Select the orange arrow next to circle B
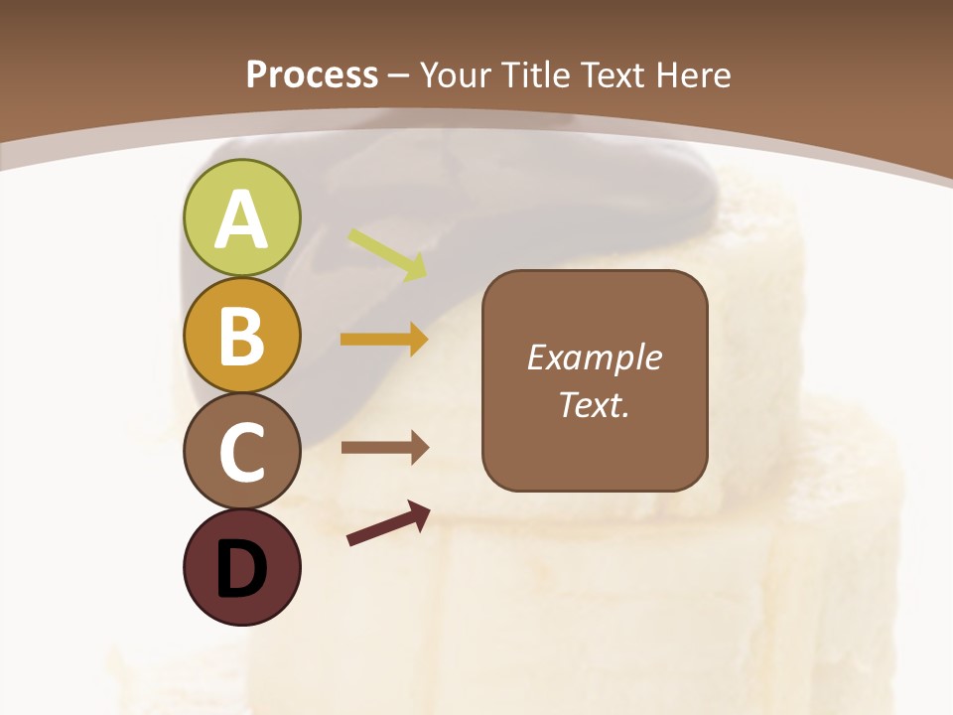click(384, 340)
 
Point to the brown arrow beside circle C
click(384, 448)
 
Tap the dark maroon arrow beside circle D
click(388, 523)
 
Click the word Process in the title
click(312, 75)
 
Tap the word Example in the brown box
click(594, 357)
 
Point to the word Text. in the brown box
click(594, 404)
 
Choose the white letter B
click(242, 336)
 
